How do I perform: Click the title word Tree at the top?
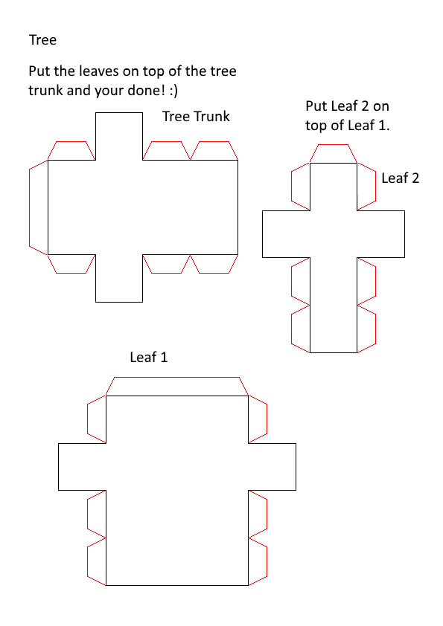42,40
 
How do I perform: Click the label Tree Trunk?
196,116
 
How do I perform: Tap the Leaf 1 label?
149,357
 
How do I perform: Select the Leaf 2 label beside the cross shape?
401,178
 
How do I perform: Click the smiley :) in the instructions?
173,90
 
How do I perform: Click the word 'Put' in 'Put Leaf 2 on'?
314,106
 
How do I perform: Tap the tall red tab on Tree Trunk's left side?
39,207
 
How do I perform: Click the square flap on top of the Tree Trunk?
119,136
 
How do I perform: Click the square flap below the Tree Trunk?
119,278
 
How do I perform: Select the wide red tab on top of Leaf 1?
176,387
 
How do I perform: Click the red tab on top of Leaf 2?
333,154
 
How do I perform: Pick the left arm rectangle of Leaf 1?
83,467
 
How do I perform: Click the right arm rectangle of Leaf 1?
272,467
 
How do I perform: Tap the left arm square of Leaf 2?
286,234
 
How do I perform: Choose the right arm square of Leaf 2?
380,234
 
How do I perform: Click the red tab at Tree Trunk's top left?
71,151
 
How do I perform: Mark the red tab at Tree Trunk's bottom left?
71,264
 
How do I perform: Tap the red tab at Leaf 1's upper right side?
258,419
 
